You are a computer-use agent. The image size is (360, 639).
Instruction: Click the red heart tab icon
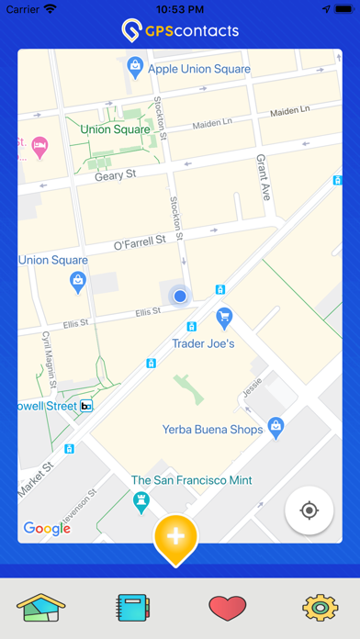click(228, 608)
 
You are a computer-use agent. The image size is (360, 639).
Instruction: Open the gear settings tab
click(321, 608)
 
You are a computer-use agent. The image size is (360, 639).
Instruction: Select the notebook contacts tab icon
click(132, 608)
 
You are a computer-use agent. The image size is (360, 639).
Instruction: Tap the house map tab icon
click(39, 608)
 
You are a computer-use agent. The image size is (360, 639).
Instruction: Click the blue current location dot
click(180, 296)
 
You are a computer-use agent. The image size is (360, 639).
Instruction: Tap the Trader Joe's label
click(204, 344)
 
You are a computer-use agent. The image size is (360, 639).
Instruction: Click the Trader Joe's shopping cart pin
click(223, 318)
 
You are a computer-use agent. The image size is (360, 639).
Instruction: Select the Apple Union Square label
click(198, 68)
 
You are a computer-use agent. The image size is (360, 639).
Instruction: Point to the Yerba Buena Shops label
click(212, 429)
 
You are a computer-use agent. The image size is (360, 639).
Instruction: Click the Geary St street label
click(115, 174)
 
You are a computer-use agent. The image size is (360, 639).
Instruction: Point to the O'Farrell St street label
click(139, 242)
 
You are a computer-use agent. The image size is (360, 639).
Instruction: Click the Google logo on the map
click(47, 528)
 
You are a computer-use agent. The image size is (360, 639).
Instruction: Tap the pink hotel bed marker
click(39, 145)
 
